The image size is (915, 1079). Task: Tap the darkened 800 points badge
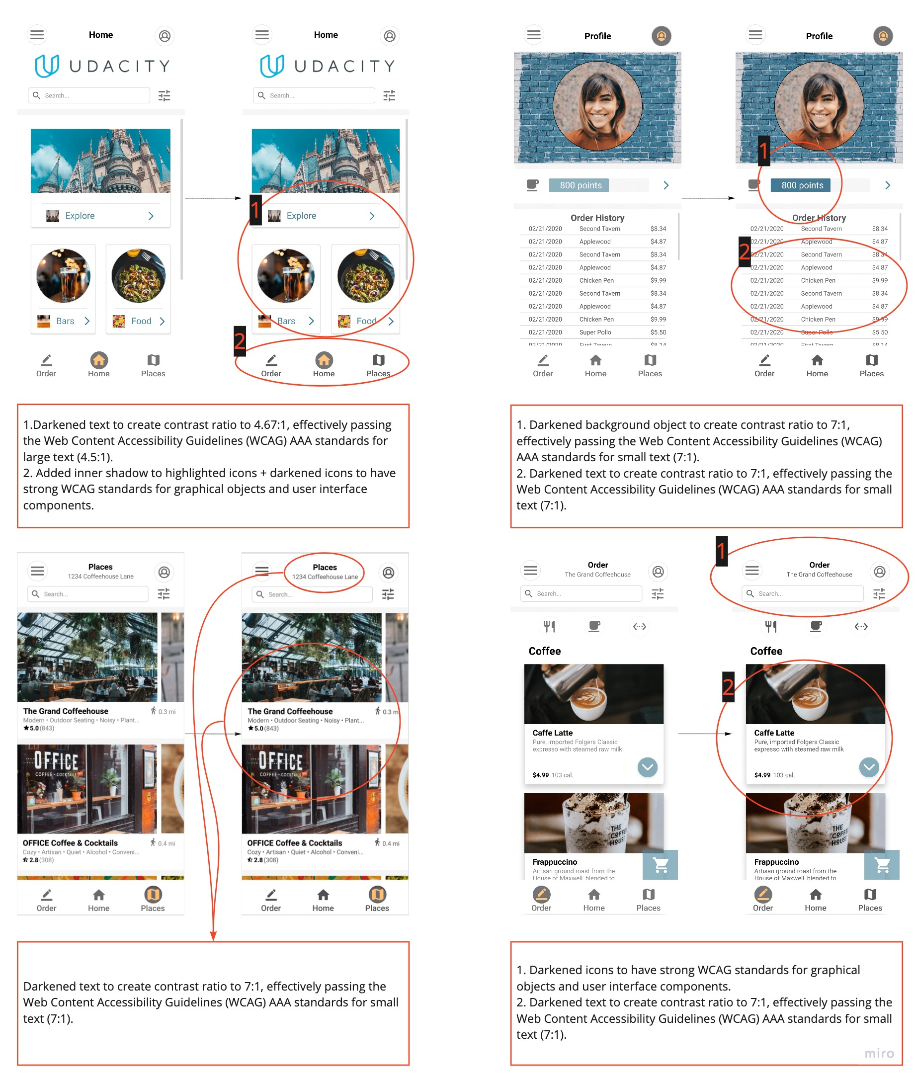pos(801,185)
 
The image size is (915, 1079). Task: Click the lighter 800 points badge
pos(580,185)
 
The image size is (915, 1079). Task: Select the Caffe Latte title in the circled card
pos(774,733)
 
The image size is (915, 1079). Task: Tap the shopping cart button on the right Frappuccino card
pos(881,864)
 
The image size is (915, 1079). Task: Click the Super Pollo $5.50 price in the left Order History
pos(658,332)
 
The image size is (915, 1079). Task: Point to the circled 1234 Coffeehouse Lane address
pos(325,577)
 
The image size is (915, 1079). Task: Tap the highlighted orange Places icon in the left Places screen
pos(153,894)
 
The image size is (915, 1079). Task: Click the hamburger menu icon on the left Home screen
pos(37,35)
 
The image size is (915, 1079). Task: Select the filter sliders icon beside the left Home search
pos(164,95)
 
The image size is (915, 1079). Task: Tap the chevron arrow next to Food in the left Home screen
pos(163,321)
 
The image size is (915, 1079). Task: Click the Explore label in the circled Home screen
pos(301,216)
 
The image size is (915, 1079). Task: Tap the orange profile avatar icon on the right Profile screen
pos(882,36)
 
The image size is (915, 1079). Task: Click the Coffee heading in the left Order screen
pos(544,651)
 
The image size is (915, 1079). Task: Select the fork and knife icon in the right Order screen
pos(770,626)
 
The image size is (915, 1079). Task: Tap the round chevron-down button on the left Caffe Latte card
pos(647,767)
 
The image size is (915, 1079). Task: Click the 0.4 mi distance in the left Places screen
pos(166,843)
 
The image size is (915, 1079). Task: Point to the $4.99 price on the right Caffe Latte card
pos(761,775)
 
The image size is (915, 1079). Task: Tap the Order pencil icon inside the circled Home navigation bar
pos(271,359)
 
